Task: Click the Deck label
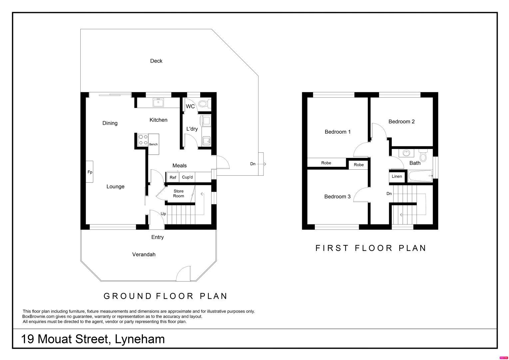point(156,61)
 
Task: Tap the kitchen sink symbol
point(158,102)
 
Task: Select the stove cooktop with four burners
point(143,140)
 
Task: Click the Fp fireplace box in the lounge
point(90,172)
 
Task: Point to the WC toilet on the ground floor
point(204,104)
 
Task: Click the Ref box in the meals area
point(173,177)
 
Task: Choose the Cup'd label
point(187,177)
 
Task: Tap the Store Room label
point(179,193)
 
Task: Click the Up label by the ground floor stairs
point(163,214)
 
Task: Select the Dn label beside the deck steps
point(253,164)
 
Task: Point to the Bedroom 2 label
point(401,121)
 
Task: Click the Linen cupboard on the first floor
point(397,176)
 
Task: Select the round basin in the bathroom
point(406,153)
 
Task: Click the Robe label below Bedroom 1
point(326,163)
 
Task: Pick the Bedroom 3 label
point(337,196)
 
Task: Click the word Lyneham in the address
point(140,339)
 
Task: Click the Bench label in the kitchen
point(153,144)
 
